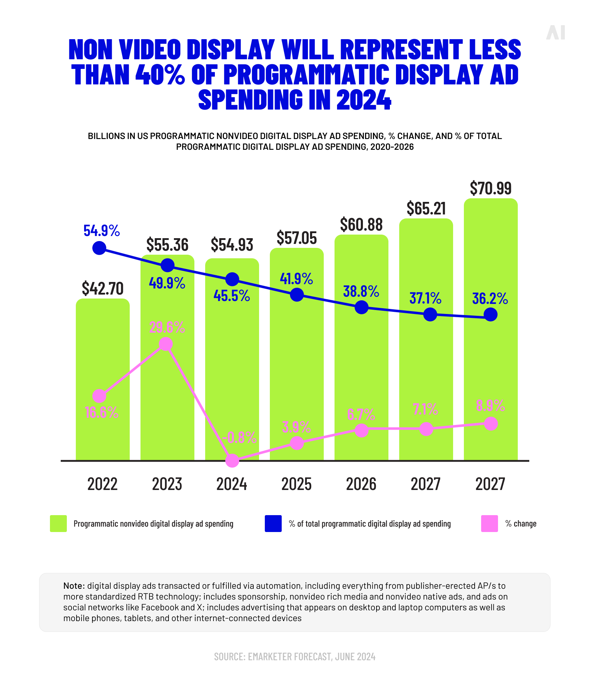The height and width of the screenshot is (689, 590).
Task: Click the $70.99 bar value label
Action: tap(490, 188)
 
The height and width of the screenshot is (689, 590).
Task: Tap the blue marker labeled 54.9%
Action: tap(99, 248)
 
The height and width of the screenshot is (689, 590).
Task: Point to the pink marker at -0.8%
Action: tap(232, 461)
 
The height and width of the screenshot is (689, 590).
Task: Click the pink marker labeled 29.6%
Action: tap(166, 344)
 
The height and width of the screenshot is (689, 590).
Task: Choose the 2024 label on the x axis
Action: tap(232, 484)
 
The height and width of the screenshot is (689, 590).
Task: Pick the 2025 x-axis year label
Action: tap(296, 484)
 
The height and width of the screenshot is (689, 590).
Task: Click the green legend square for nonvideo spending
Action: tap(58, 523)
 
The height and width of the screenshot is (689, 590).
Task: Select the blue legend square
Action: tap(273, 523)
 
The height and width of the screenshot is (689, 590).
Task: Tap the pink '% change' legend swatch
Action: tap(489, 523)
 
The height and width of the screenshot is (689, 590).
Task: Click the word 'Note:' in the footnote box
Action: tap(74, 586)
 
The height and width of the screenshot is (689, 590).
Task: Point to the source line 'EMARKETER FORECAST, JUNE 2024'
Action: tap(295, 657)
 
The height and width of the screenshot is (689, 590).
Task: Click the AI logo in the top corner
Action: tap(556, 33)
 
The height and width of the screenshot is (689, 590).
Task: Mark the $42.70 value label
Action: tap(102, 288)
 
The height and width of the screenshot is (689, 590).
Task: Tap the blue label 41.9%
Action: tap(296, 279)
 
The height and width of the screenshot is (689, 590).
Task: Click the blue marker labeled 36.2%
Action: tap(490, 315)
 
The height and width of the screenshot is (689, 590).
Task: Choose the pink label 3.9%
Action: tap(296, 427)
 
